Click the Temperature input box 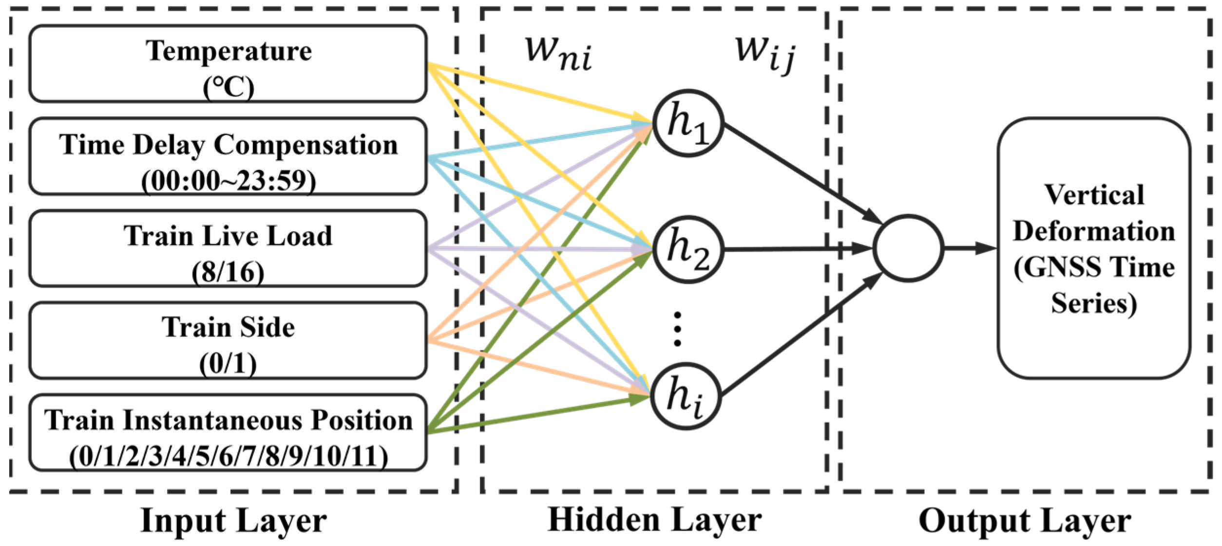point(228,63)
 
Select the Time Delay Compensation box point(228,156)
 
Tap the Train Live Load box point(228,248)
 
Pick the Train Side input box point(228,340)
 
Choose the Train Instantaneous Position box point(228,432)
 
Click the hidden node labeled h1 point(687,123)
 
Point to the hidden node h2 point(687,249)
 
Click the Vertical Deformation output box point(1094,248)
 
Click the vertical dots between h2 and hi point(677,329)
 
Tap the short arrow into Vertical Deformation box point(970,248)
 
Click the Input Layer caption point(233,521)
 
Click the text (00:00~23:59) point(228,181)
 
